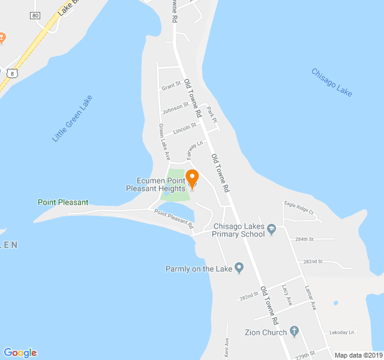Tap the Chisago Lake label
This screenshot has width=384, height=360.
pyautogui.click(x=332, y=82)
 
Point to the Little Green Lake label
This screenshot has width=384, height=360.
pyautogui.click(x=72, y=118)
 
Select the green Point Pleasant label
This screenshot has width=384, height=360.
pyautogui.click(x=62, y=202)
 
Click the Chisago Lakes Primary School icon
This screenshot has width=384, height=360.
pyautogui.click(x=272, y=229)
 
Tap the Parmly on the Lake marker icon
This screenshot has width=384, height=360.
pyautogui.click(x=239, y=268)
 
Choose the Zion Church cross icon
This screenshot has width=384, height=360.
pyautogui.click(x=294, y=331)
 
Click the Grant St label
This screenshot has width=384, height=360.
pyautogui.click(x=171, y=87)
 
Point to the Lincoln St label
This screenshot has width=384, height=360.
pyautogui.click(x=184, y=128)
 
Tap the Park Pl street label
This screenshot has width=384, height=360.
pyautogui.click(x=211, y=115)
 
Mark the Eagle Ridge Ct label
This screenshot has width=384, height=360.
pyautogui.click(x=299, y=208)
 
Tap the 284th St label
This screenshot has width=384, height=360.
pyautogui.click(x=304, y=239)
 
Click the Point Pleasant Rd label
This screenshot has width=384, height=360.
pyautogui.click(x=174, y=218)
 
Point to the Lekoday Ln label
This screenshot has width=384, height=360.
pyautogui.click(x=342, y=332)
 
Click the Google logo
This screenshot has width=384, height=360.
pyautogui.click(x=20, y=353)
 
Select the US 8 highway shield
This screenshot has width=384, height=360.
pyautogui.click(x=11, y=73)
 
